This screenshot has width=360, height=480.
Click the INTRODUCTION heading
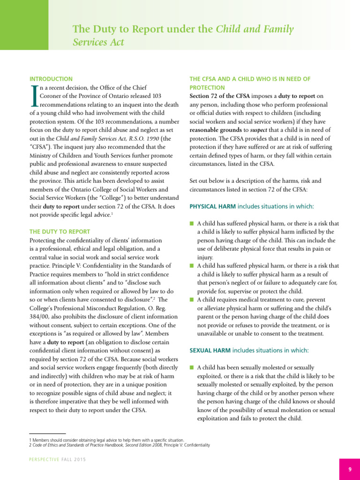[x=51, y=79]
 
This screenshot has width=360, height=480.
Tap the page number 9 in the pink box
[x=350, y=469]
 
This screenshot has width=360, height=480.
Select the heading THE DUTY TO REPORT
[x=60, y=232]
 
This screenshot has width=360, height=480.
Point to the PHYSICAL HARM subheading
[x=212, y=206]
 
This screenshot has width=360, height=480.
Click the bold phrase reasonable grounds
[x=214, y=129]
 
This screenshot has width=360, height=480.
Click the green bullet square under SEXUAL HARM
[x=191, y=367]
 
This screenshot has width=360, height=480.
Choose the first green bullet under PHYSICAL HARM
[x=191, y=223]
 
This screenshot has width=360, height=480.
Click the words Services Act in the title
[x=98, y=42]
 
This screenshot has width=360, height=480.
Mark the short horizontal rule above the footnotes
[x=47, y=434]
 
